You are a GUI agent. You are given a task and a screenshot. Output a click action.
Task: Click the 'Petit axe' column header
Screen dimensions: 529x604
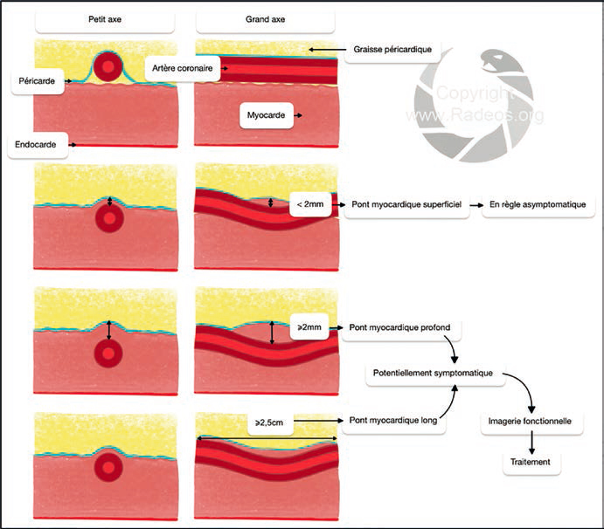106,19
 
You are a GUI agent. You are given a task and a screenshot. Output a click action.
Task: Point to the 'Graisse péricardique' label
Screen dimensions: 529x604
393,50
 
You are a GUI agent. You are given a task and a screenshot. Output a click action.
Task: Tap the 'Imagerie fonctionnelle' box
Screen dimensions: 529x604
527,421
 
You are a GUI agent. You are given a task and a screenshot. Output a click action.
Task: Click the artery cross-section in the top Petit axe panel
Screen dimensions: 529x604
108,66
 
